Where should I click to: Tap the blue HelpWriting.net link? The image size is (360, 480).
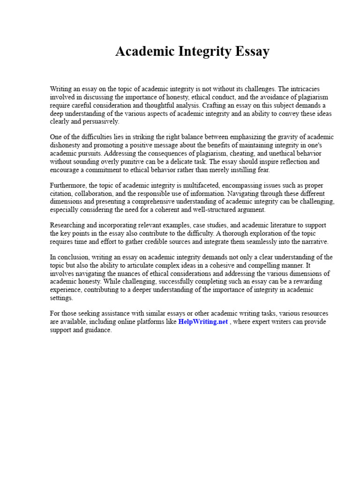coord(203,322)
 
